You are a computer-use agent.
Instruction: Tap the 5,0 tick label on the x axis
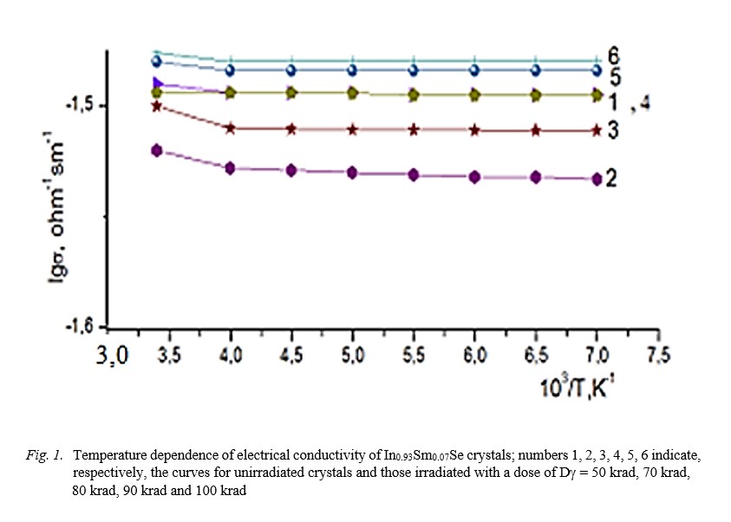pos(352,355)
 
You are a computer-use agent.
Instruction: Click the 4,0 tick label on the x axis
pos(230,355)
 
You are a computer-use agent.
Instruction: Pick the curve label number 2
pos(611,179)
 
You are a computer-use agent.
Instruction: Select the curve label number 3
pos(612,131)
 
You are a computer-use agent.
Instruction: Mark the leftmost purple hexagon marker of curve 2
pos(157,150)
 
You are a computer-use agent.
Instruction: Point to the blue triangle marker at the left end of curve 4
pos(157,83)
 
